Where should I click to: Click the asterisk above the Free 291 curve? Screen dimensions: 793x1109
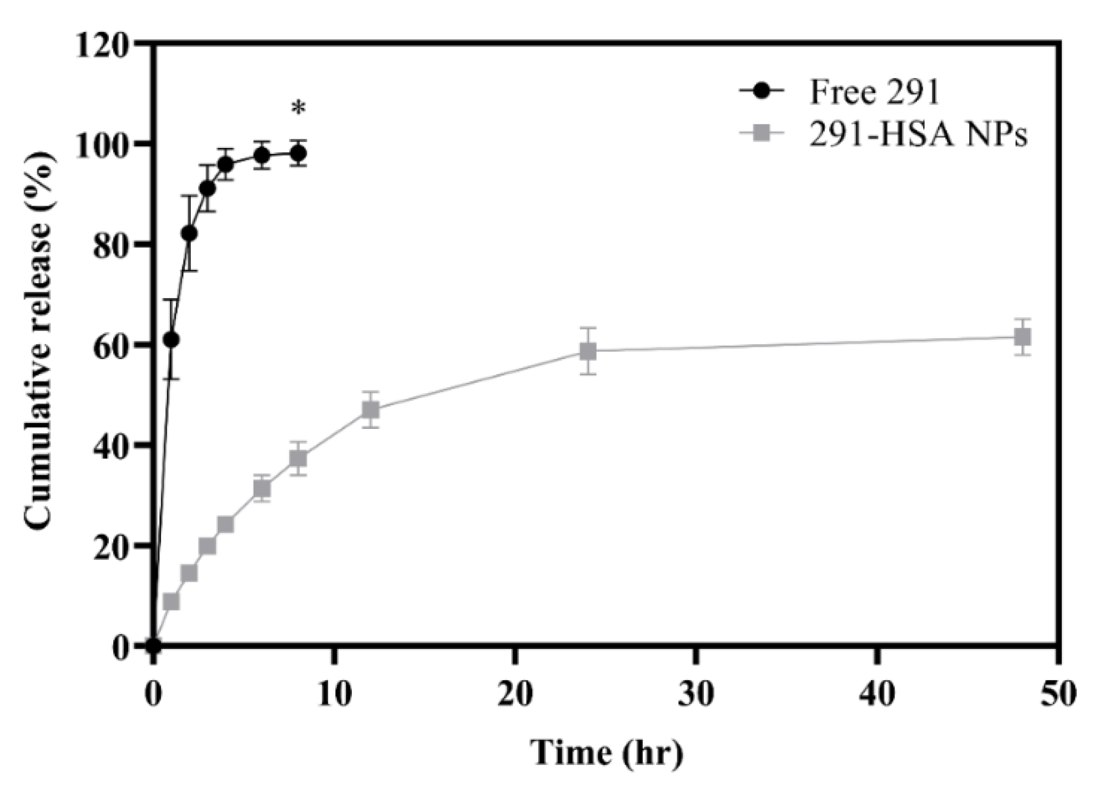pos(298,109)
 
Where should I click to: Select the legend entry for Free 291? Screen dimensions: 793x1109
pos(874,92)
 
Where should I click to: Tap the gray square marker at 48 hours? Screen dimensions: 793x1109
pos(1022,337)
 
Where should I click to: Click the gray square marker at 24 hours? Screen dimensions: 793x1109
pos(588,351)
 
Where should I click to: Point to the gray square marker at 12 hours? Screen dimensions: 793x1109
pos(371,410)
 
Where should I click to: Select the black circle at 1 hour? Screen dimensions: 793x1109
pos(171,340)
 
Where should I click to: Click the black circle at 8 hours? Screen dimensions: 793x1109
pos(298,153)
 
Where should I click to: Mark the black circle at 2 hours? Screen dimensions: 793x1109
pos(189,233)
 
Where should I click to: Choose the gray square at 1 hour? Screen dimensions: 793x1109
pos(171,602)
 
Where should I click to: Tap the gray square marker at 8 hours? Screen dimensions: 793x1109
pos(298,458)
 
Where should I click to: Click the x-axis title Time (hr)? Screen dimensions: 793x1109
pos(607,752)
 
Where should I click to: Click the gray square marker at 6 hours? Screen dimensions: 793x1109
pos(262,488)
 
